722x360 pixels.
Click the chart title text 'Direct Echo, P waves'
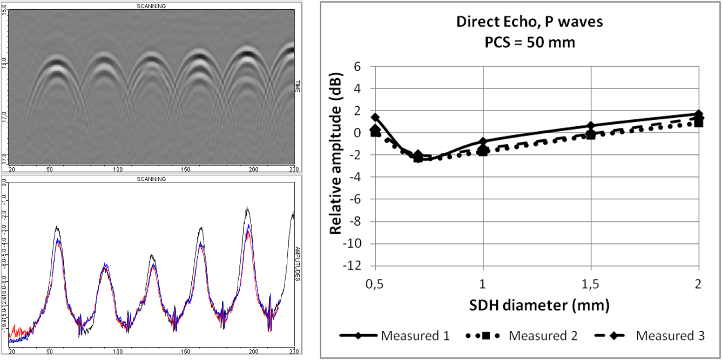[x=521, y=23]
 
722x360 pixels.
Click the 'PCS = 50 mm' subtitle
[x=521, y=42]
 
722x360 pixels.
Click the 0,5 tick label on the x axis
[x=375, y=284]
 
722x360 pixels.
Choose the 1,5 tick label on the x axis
[x=591, y=284]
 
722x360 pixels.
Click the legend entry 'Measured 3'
[x=670, y=336]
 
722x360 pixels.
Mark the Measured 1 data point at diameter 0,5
[x=375, y=117]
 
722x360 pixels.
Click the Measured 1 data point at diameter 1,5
[x=591, y=126]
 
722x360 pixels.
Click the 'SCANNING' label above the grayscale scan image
[x=152, y=6]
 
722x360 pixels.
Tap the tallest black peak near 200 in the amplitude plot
[x=247, y=207]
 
